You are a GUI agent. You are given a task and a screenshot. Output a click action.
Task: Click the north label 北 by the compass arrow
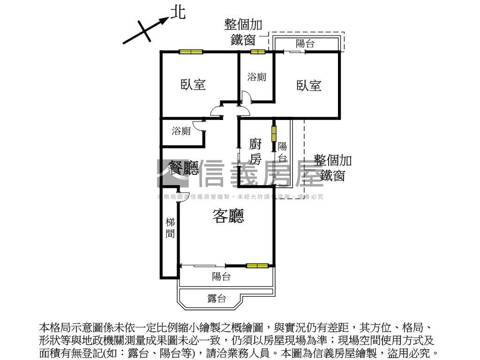(178, 13)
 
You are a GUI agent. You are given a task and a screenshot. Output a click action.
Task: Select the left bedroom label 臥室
(193, 85)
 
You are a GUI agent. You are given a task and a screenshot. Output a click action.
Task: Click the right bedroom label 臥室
(309, 85)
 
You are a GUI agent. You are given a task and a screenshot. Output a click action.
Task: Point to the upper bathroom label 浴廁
(256, 76)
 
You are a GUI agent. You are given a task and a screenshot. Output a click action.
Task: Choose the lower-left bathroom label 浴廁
(181, 131)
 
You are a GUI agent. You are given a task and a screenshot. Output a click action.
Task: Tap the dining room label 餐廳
(183, 168)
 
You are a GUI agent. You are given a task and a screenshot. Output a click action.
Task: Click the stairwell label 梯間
(170, 227)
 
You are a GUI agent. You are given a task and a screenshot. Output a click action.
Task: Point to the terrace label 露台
(217, 299)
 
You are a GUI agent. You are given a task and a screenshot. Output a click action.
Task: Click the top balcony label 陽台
(305, 44)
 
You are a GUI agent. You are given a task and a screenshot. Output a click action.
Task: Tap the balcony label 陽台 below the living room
(221, 277)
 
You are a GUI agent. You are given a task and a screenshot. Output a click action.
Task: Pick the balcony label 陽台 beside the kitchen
(282, 151)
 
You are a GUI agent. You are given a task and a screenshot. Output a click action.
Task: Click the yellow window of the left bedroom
(190, 52)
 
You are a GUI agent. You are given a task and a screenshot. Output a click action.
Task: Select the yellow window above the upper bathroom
(257, 52)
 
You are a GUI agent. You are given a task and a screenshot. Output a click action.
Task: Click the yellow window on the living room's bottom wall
(257, 266)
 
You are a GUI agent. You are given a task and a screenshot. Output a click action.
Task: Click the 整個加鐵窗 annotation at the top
(243, 32)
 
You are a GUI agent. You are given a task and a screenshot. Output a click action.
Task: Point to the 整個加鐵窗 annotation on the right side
(333, 168)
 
